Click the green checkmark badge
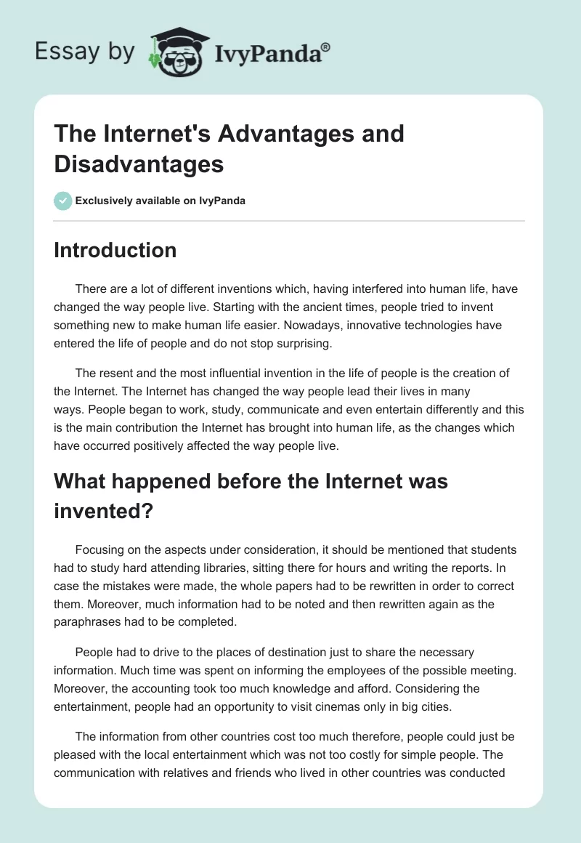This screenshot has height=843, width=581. pos(63,201)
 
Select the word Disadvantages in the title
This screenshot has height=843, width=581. pos(139,164)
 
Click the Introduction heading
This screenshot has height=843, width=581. pos(115,250)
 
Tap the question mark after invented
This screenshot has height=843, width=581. pos(148,511)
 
